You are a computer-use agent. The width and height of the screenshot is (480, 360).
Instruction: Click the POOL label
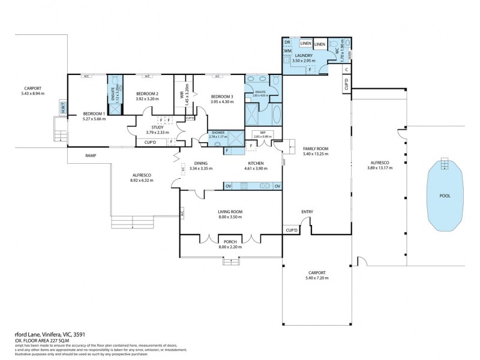point(445,196)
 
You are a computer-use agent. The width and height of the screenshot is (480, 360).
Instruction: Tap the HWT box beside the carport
point(62,108)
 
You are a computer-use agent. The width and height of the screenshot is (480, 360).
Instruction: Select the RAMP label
point(91,155)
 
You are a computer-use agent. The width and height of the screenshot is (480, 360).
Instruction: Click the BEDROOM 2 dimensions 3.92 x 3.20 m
point(148,98)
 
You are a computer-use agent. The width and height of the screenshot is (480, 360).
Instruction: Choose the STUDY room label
point(155,127)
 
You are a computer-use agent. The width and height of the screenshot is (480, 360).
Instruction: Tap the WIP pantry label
point(262,133)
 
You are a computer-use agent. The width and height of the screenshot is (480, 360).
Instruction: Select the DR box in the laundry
point(287,43)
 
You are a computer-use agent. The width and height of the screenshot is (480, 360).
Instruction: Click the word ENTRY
point(307,212)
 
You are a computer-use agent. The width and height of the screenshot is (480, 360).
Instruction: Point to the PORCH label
point(230,242)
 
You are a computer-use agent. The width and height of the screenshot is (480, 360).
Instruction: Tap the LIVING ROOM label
point(230,212)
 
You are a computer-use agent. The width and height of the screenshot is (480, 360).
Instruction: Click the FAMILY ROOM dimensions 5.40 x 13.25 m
point(316,154)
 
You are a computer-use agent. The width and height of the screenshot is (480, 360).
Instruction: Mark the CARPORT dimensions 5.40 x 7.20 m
point(317,278)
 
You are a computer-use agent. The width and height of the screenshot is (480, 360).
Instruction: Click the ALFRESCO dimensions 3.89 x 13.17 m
point(379,167)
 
